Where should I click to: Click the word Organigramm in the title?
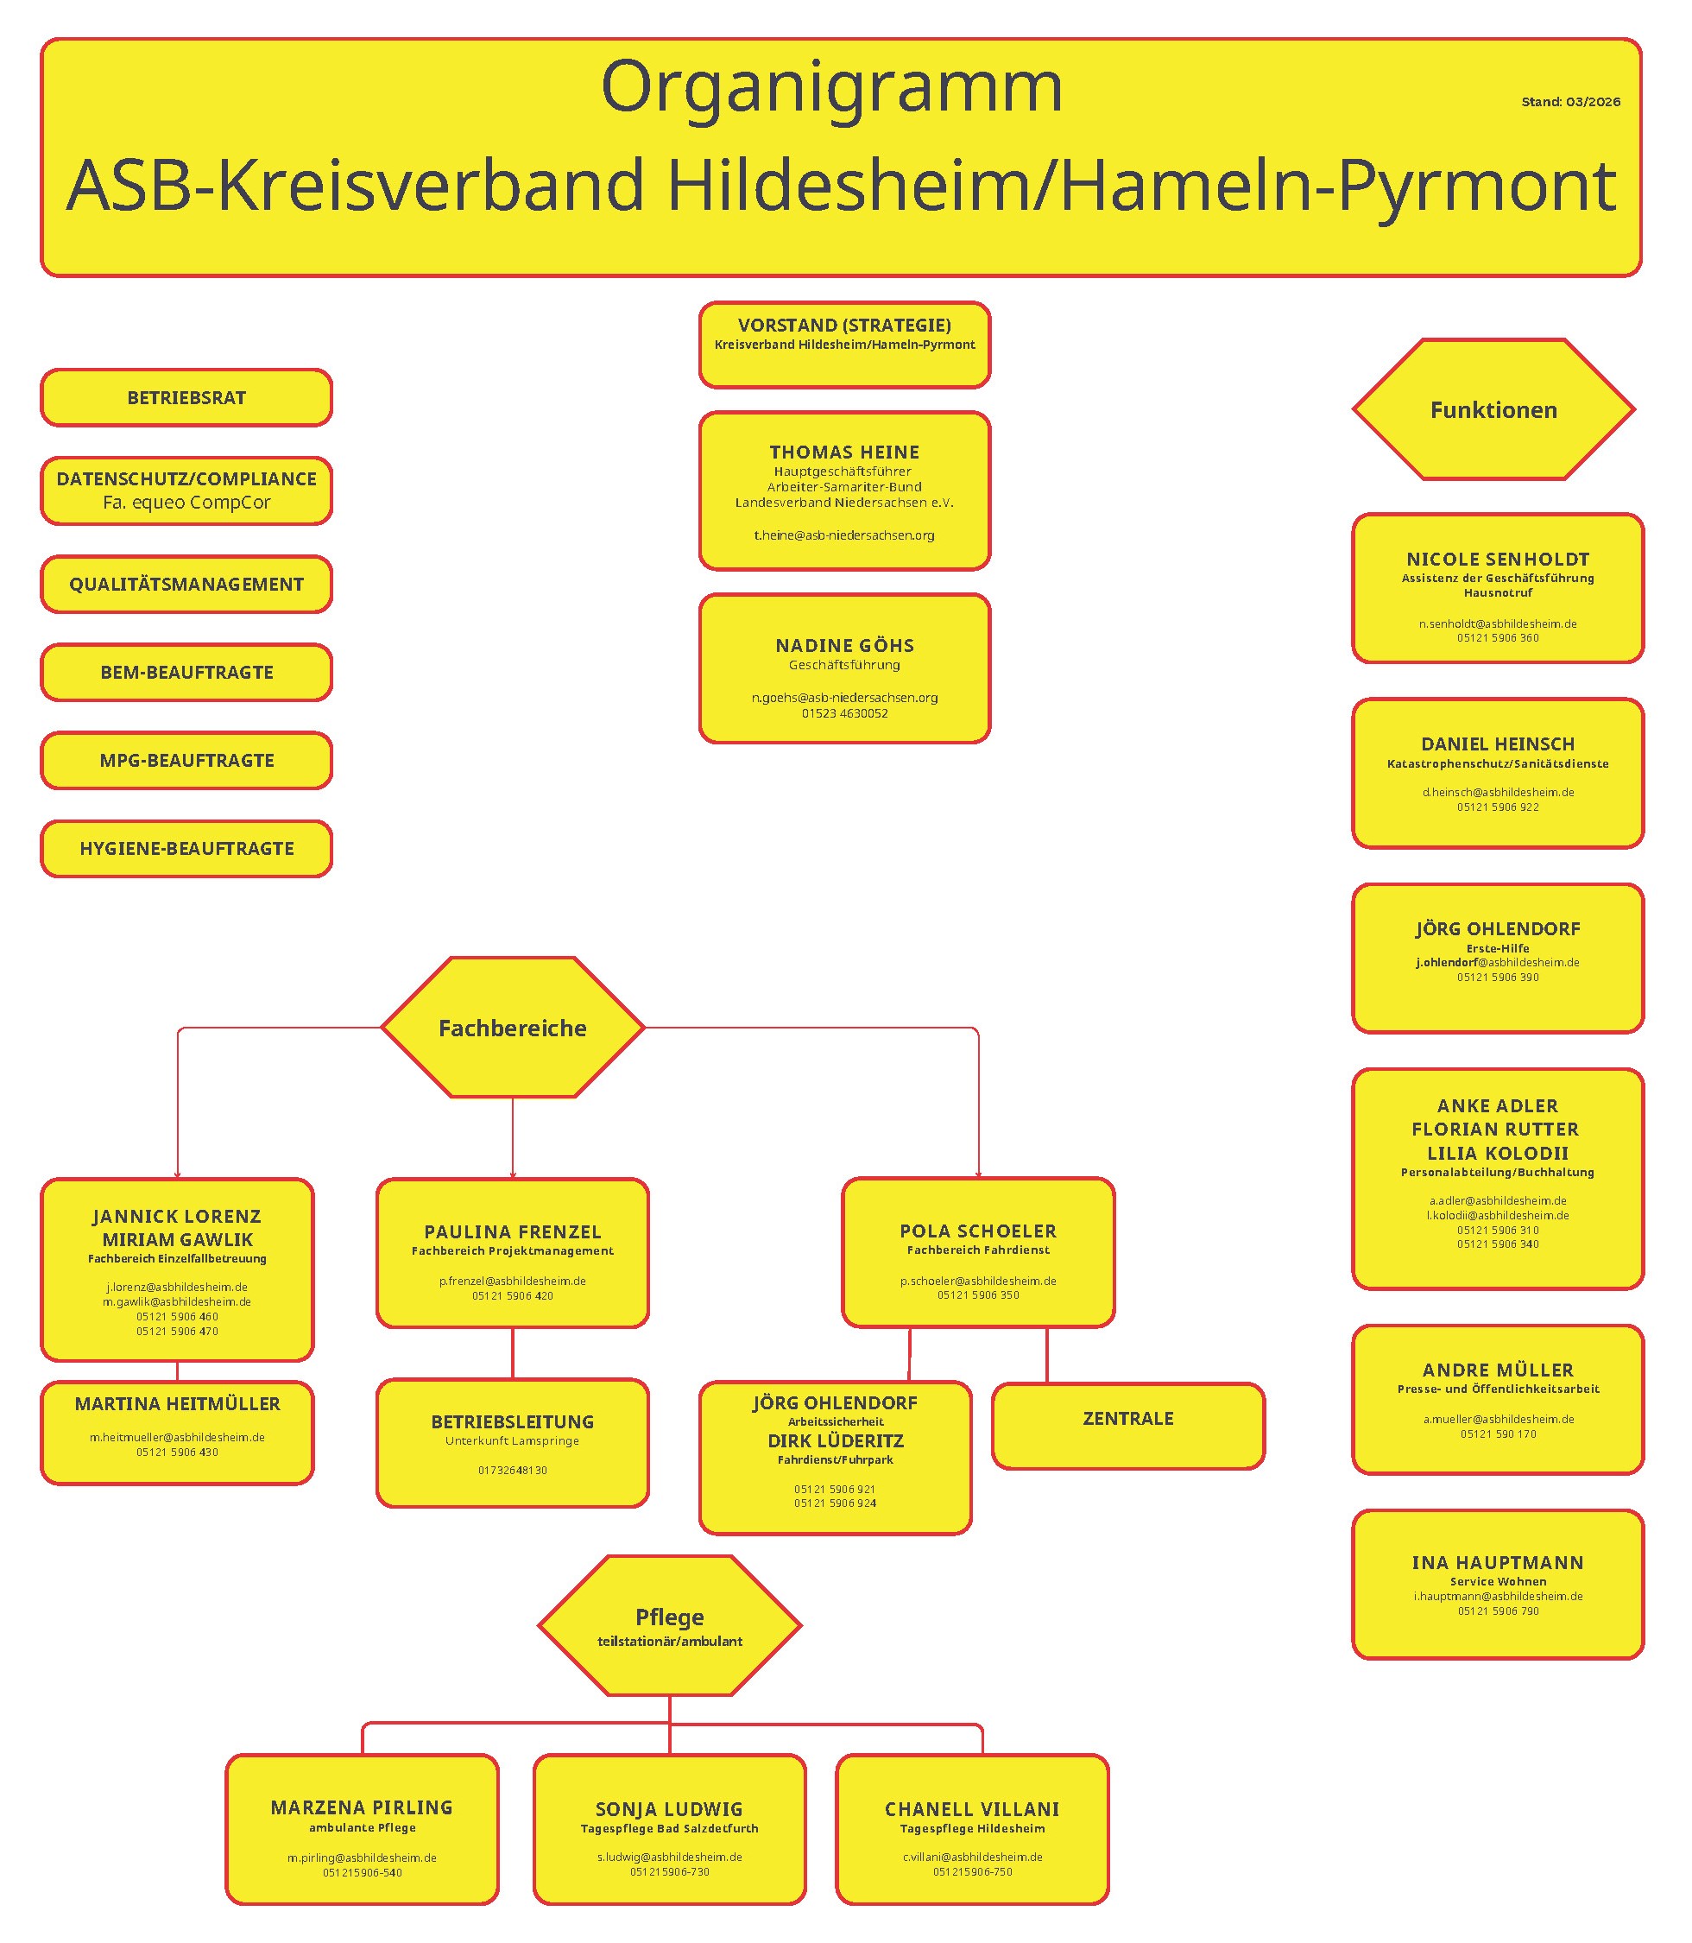[x=830, y=87]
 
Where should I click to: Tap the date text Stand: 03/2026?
[x=1570, y=102]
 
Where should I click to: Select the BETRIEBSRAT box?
[x=186, y=398]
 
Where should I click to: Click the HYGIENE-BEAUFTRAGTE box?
[x=186, y=848]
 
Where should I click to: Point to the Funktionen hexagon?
[x=1493, y=410]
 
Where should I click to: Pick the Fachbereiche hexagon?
[x=512, y=1028]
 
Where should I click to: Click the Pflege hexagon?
[x=669, y=1624]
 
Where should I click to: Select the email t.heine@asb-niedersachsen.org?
[x=843, y=535]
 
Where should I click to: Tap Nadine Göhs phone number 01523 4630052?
[x=844, y=713]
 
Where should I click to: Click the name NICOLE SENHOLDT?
[x=1498, y=560]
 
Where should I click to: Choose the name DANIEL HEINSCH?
[x=1498, y=744]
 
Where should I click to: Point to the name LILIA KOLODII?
[x=1498, y=1152]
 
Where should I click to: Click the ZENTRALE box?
[x=1127, y=1418]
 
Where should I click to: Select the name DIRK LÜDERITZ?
[x=835, y=1440]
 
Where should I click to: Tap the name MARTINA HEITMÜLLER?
[x=178, y=1403]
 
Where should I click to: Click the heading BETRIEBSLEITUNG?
[x=512, y=1421]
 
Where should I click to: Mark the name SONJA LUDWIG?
[x=668, y=1809]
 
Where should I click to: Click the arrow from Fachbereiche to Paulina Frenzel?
[x=512, y=1138]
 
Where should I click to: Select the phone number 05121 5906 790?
[x=1498, y=1611]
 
